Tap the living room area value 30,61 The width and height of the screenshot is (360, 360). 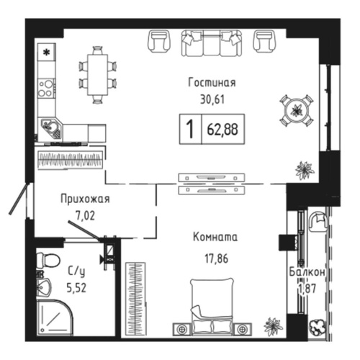coord(214,100)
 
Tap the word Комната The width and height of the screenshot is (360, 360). coord(215,237)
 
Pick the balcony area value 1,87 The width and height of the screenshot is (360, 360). coord(311,289)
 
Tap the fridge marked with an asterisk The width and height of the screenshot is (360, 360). coord(47,53)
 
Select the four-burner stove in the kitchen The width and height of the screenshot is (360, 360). coord(46,88)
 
